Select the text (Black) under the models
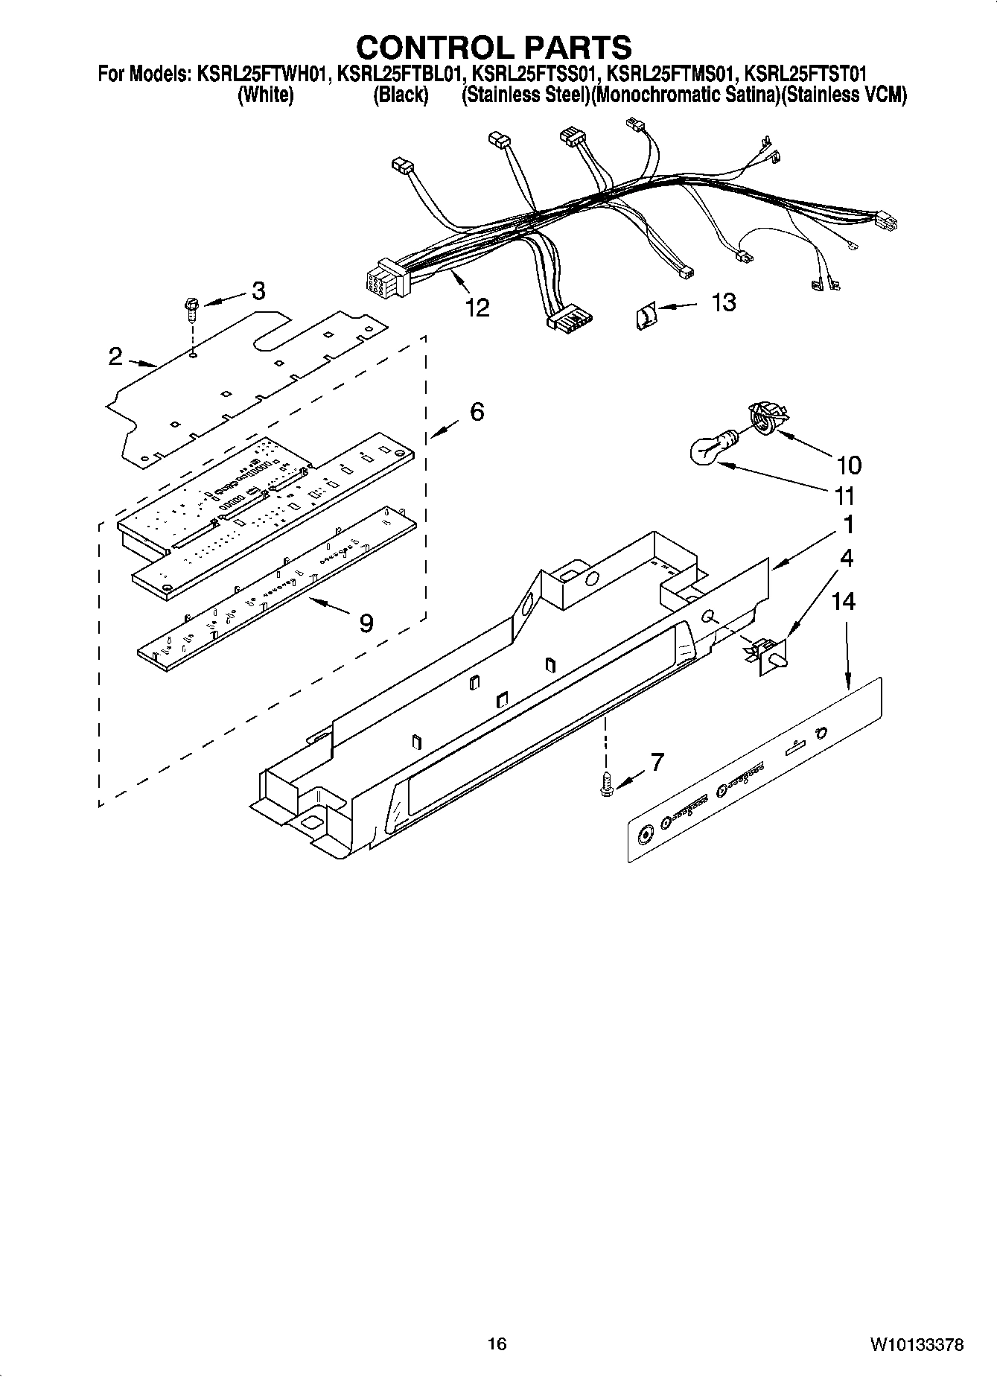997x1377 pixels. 401,95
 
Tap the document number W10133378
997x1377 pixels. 915,1344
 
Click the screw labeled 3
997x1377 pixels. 191,309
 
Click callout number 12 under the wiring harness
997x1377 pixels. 477,307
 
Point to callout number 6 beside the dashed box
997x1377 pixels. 477,411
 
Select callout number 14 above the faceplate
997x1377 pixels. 844,601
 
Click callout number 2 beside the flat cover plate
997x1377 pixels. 115,357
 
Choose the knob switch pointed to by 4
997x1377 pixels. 767,655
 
